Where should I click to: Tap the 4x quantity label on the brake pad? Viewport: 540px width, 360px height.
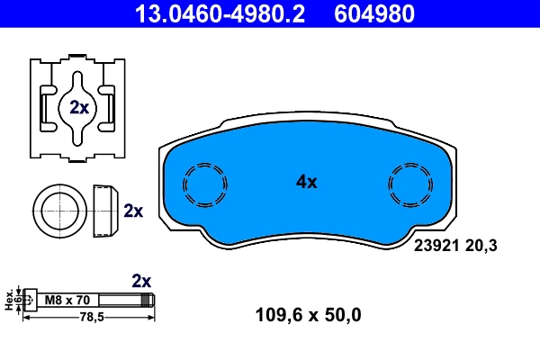click(x=307, y=182)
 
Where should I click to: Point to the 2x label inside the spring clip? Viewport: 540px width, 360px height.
click(x=78, y=108)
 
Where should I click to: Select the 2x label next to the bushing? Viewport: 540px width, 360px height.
click(x=133, y=211)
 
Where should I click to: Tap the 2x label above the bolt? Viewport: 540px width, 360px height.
click(x=142, y=280)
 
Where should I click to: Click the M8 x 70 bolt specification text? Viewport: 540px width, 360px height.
click(x=67, y=300)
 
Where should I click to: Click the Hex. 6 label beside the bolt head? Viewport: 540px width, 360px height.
click(x=11, y=299)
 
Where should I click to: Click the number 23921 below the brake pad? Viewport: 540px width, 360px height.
click(x=435, y=243)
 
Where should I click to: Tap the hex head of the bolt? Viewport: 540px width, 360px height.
click(x=30, y=300)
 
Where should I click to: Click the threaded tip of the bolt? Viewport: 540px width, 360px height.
click(x=150, y=300)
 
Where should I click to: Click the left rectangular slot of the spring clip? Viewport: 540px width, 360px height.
click(x=46, y=107)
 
